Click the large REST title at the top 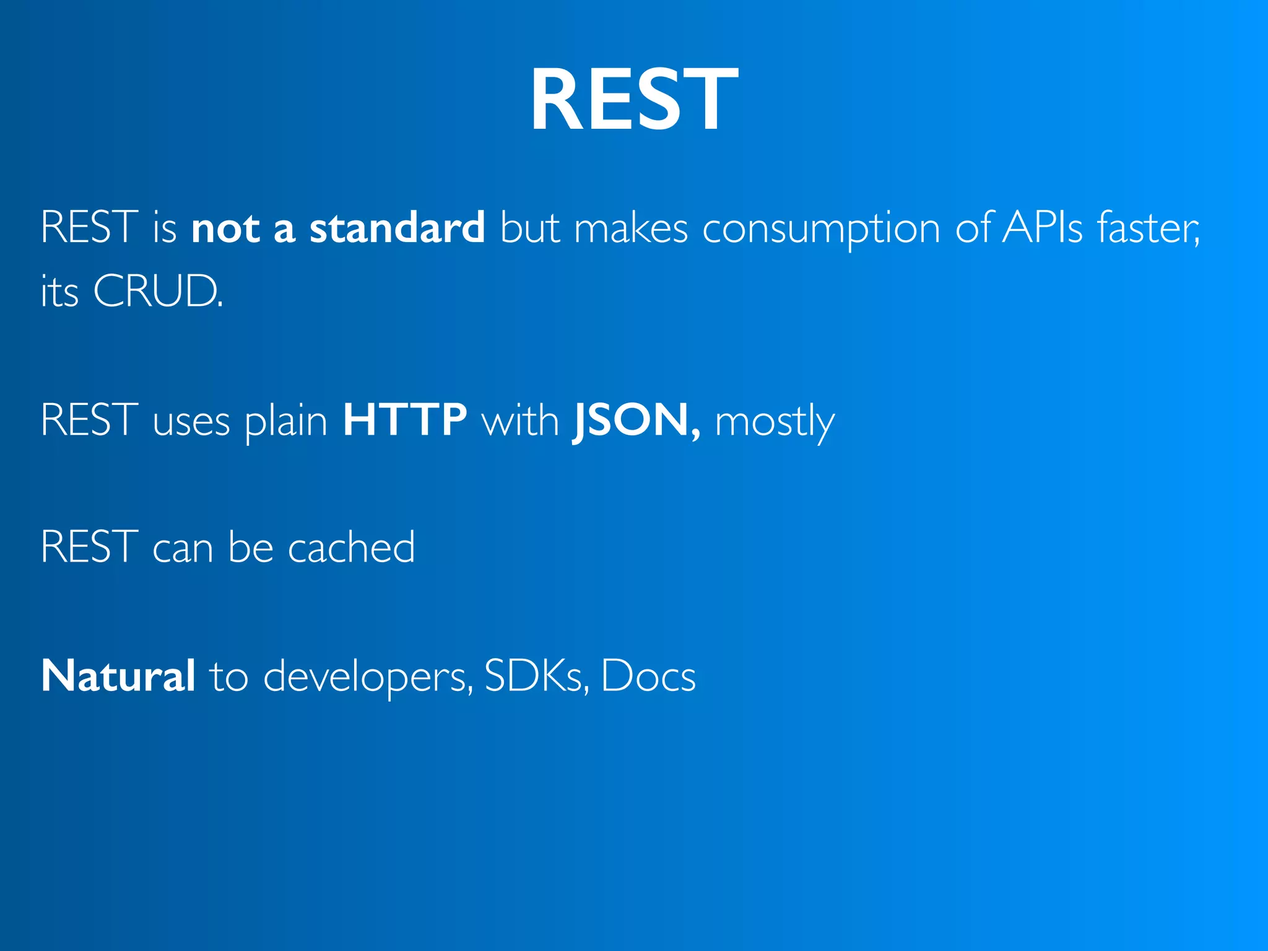tap(634, 99)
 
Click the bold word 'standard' tap(397, 228)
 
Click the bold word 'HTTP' tap(405, 420)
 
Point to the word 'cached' tap(351, 547)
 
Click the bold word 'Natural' tap(118, 675)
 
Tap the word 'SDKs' tap(535, 675)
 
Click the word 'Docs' tap(648, 675)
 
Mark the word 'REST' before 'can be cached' tap(89, 547)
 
